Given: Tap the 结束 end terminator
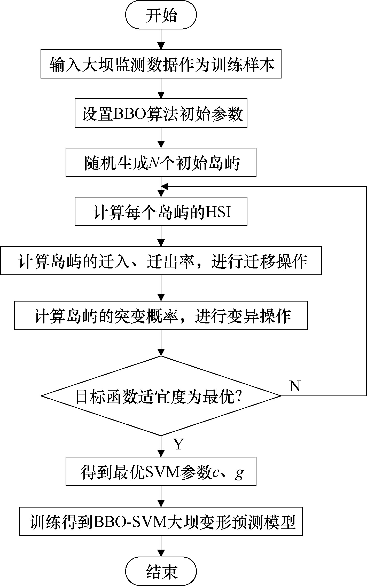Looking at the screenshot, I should tap(161, 571).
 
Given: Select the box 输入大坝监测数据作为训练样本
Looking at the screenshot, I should tap(161, 64).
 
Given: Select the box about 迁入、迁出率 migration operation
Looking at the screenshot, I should tap(161, 260).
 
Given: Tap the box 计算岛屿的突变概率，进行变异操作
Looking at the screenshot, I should tap(161, 315).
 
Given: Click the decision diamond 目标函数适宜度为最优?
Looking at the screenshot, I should tap(161, 395).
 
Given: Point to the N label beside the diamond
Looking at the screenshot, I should tap(295, 386).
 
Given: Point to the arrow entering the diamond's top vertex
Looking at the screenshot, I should tap(161, 346).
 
